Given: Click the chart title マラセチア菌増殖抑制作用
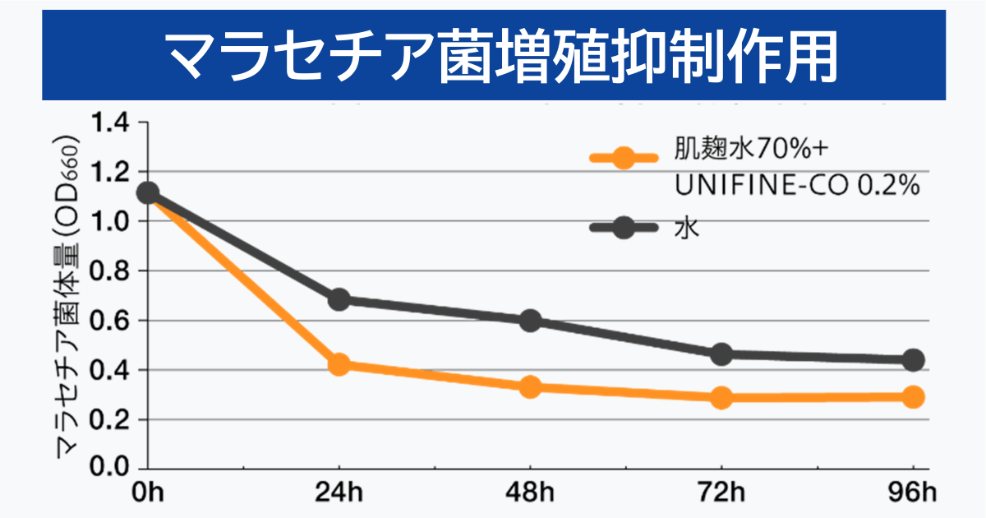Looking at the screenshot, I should [493, 54].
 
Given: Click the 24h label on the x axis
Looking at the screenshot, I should [339, 493].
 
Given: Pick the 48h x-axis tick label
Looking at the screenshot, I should [531, 493].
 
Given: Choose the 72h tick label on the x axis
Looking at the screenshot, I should [722, 493].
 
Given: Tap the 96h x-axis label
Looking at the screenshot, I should [912, 493].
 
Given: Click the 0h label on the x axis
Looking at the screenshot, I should [148, 493].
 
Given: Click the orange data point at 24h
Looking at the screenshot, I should [339, 364].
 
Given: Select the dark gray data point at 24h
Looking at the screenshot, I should [339, 299].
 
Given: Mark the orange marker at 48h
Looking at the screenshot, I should [531, 386].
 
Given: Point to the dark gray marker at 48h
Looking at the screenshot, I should [531, 321].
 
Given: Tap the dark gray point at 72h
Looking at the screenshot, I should [722, 354].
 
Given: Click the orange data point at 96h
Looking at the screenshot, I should [913, 397].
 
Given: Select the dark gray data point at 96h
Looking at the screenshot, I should [913, 359].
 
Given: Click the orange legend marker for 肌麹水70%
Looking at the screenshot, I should [624, 158].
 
